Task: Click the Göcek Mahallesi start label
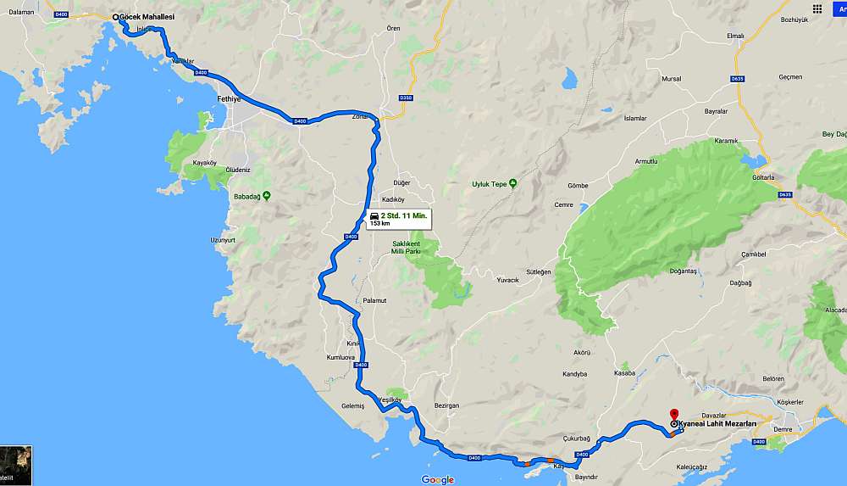point(147,16)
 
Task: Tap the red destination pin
point(674,414)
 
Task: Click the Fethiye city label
point(229,99)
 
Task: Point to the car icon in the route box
point(374,216)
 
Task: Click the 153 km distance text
point(380,224)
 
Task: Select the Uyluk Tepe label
point(489,183)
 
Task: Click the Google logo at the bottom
point(437,479)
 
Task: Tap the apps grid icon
point(817,8)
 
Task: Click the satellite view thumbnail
point(16,465)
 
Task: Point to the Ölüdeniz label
point(237,170)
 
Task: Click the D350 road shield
point(406,98)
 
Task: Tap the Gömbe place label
point(578,185)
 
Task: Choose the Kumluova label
point(340,358)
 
